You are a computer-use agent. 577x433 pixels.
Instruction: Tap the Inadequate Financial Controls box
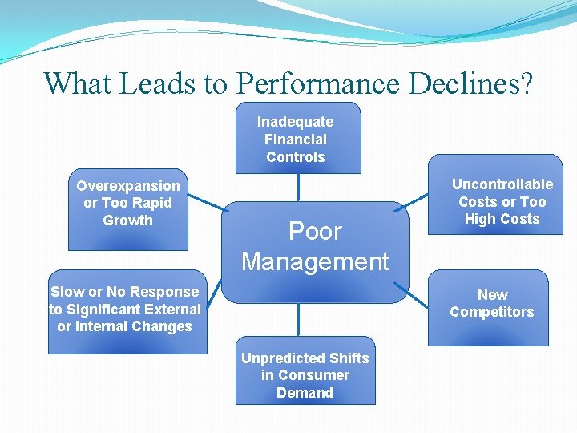click(x=297, y=139)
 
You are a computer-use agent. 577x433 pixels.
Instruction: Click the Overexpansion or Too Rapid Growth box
click(x=128, y=204)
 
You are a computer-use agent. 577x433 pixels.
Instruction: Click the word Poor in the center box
click(x=315, y=232)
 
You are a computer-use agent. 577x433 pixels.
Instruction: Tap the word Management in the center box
click(x=315, y=261)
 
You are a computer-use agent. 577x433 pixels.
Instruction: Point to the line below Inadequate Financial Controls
click(x=298, y=187)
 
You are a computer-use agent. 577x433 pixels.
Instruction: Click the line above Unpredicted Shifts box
click(x=298, y=319)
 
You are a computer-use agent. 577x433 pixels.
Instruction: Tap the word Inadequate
click(x=295, y=122)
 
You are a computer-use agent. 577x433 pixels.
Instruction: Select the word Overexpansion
click(x=128, y=186)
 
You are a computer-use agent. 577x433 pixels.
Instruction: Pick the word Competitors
click(x=491, y=312)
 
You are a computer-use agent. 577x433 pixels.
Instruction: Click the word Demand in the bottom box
click(x=305, y=392)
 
